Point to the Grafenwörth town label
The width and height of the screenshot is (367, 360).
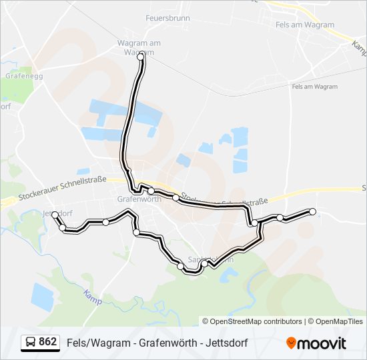pyautogui.click(x=139, y=199)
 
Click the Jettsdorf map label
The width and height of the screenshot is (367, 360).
pyautogui.click(x=56, y=214)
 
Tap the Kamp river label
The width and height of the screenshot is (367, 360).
pyautogui.click(x=92, y=297)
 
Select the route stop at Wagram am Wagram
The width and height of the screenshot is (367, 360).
pyautogui.click(x=141, y=58)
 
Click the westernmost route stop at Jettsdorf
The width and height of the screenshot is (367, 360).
pyautogui.click(x=55, y=215)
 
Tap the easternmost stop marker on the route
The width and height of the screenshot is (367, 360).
pyautogui.click(x=312, y=212)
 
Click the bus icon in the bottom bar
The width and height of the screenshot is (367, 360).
pyautogui.click(x=31, y=343)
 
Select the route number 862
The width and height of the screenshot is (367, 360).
pyautogui.click(x=48, y=342)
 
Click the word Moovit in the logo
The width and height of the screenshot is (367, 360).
pyautogui.click(x=323, y=343)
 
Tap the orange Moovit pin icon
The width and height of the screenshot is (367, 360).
pyautogui.click(x=292, y=343)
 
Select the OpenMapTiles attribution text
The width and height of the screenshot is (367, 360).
pyautogui.click(x=340, y=321)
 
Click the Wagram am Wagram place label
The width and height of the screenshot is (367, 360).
pyautogui.click(x=139, y=47)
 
